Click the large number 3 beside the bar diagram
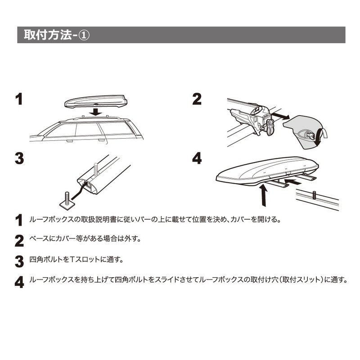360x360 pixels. click(19, 158)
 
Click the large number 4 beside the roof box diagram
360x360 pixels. click(197, 158)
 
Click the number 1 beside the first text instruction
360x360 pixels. click(18, 220)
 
